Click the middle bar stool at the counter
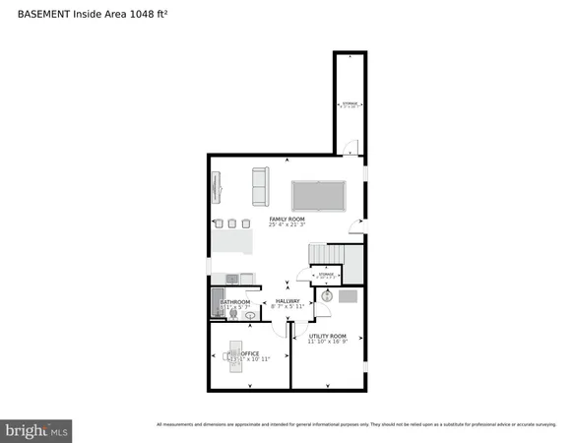(232, 221)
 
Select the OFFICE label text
(236, 352)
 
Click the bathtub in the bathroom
(216, 303)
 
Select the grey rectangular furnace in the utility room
(348, 295)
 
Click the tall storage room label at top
(350, 103)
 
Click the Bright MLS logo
(36, 430)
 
